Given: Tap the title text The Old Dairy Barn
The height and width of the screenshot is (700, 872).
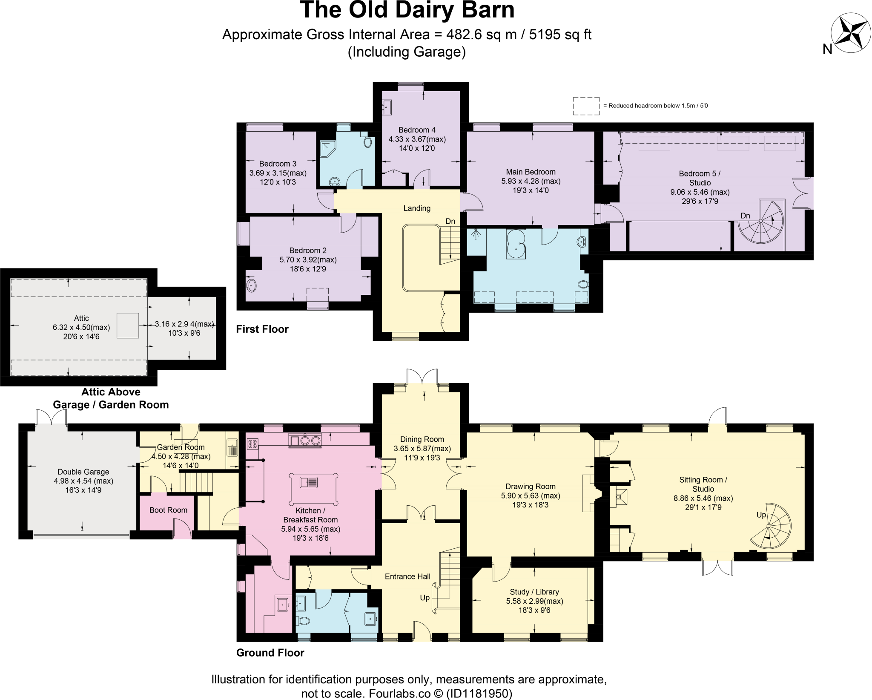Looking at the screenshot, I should (x=407, y=10).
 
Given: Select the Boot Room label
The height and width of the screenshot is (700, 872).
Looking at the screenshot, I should (x=168, y=510).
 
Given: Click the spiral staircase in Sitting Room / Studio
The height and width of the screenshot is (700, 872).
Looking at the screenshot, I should (x=770, y=527).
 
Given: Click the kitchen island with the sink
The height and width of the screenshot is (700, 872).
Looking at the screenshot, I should (x=313, y=482).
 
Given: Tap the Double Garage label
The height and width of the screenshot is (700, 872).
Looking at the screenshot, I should (x=83, y=472).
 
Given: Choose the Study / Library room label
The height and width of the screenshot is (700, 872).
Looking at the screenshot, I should (x=534, y=592).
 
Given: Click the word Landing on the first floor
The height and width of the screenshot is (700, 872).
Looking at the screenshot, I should (x=417, y=208).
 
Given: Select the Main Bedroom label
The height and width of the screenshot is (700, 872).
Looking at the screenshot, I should (x=531, y=172).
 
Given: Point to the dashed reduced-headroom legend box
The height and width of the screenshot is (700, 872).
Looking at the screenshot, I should (x=586, y=106).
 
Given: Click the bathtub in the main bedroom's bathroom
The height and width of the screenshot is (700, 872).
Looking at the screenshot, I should (x=516, y=244).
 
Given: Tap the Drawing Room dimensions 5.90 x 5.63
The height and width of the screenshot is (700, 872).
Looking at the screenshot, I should (x=531, y=495).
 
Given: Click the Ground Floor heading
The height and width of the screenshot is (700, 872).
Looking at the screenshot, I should (x=270, y=653).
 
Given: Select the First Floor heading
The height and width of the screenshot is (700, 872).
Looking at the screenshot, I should (x=262, y=329).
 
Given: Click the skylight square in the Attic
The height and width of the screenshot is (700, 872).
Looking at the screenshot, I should (x=128, y=326).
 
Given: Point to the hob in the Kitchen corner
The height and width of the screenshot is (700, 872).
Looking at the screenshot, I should (x=252, y=444).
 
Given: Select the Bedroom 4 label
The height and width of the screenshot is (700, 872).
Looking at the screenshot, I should (x=417, y=130).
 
